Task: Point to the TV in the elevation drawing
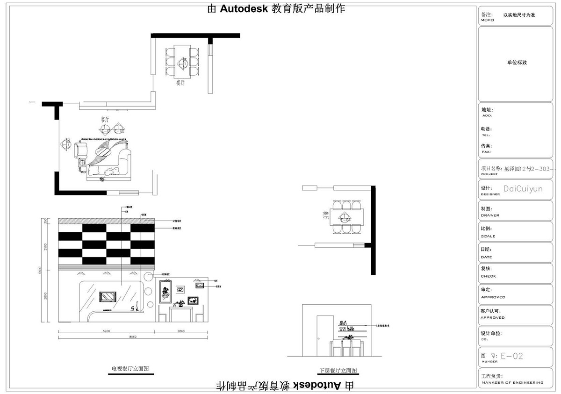coord(108,296)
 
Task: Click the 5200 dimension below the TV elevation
coord(106,331)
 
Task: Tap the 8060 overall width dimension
coord(133,337)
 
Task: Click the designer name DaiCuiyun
coord(523,189)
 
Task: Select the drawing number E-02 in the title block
coord(511,356)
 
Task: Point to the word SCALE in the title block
coord(488,236)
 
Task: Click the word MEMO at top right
coord(487,20)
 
